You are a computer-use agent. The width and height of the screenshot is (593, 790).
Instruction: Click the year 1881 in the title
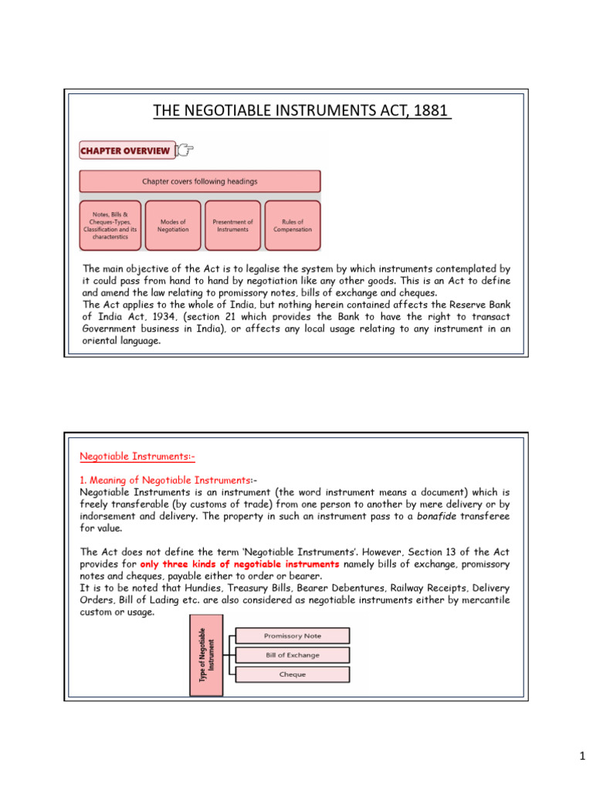[x=433, y=112]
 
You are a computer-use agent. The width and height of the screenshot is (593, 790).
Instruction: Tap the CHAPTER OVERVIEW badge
[x=125, y=151]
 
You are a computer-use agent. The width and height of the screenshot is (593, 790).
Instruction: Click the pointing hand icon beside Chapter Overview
[x=185, y=150]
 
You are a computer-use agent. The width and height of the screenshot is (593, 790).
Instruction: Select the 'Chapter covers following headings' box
[x=200, y=181]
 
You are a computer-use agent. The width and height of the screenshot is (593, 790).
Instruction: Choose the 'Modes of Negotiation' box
[x=171, y=225]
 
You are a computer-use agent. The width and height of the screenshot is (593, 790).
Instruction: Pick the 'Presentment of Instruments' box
[x=232, y=225]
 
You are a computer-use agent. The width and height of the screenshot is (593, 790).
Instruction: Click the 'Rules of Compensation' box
[x=293, y=225]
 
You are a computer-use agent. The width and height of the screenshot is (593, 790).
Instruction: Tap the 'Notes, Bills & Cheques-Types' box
[x=110, y=225]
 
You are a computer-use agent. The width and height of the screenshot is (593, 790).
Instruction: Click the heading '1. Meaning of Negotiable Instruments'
[x=165, y=481]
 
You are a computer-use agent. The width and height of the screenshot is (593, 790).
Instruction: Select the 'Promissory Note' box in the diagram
[x=292, y=636]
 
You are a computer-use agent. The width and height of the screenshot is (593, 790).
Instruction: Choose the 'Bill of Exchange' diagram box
[x=292, y=655]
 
